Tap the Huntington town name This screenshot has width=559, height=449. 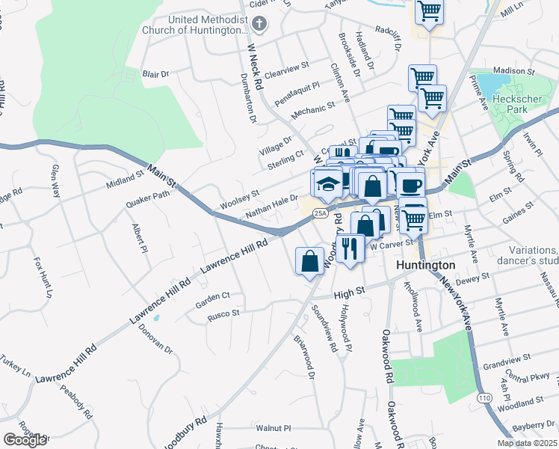424,266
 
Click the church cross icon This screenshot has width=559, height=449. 259,24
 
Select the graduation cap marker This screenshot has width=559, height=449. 327,184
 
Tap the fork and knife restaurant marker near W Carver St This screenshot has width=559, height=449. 349,248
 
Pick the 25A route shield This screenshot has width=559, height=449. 321,213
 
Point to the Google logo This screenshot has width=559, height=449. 25,440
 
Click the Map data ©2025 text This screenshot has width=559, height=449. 526,443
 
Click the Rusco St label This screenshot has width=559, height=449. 223,314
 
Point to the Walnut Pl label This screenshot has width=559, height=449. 272,429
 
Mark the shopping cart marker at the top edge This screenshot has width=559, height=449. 430,10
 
